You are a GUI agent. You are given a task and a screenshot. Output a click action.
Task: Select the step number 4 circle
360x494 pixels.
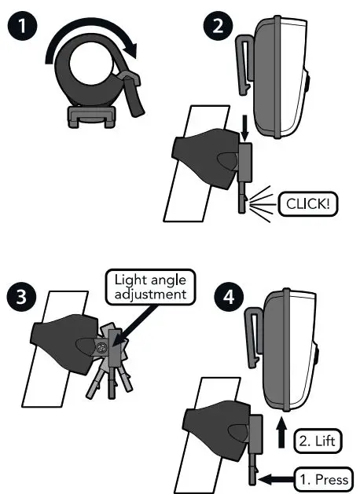click(x=228, y=300)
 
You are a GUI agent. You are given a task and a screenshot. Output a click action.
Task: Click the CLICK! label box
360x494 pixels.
click(x=307, y=204)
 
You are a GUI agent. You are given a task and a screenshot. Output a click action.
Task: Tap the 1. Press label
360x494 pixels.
click(x=324, y=477)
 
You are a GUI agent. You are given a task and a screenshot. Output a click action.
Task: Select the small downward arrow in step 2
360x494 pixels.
click(x=244, y=126)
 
